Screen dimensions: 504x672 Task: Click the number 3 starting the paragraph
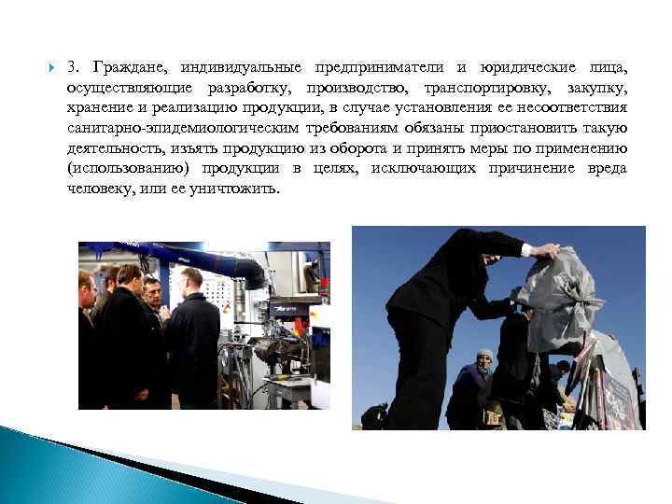72,68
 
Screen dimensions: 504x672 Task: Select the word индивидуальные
242,68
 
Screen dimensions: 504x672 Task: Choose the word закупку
594,89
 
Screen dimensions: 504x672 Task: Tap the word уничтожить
234,189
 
